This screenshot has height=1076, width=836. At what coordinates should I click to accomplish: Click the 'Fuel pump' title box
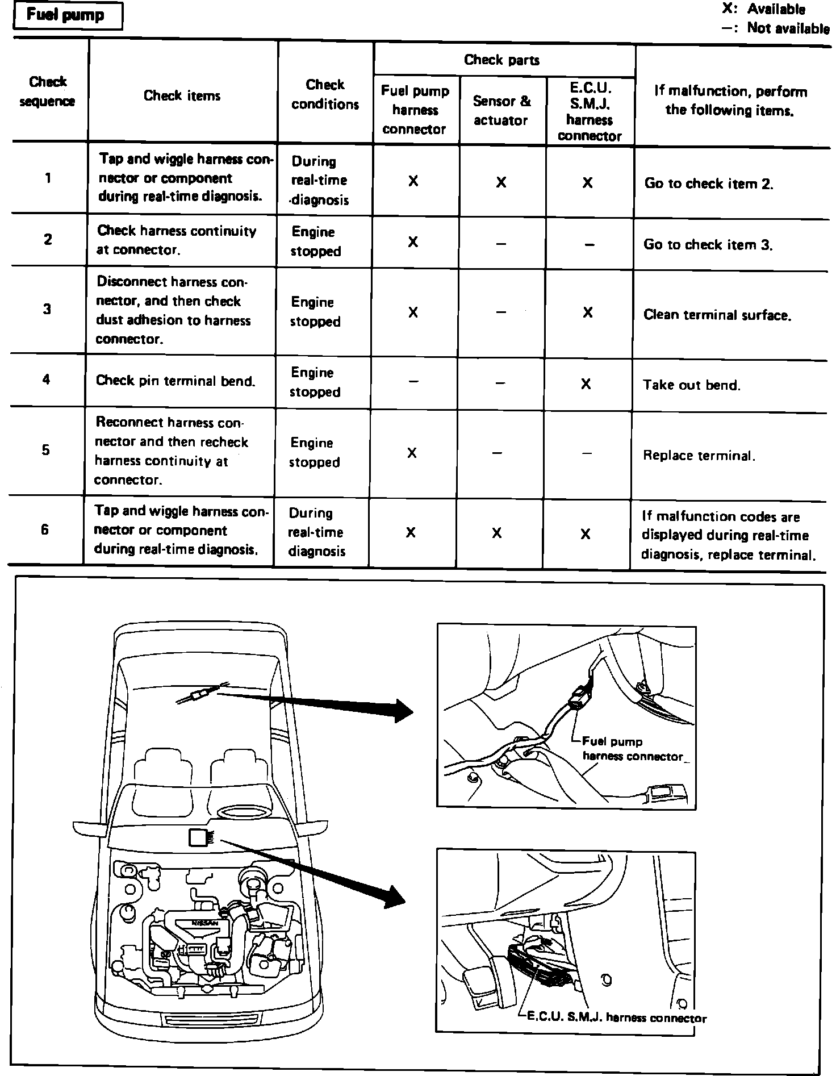tap(66, 15)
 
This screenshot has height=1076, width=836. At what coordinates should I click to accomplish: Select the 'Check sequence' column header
tap(48, 91)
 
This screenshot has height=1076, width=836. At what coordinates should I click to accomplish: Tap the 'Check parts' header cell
tap(501, 60)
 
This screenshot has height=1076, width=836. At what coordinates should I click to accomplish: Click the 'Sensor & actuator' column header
tap(501, 110)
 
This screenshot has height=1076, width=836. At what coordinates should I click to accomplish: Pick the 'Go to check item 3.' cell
tap(708, 244)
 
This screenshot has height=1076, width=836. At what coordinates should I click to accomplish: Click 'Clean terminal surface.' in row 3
tap(717, 315)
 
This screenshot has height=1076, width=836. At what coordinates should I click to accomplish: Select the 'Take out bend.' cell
tap(691, 385)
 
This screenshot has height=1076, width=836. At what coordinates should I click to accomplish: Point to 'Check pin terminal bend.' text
tap(175, 380)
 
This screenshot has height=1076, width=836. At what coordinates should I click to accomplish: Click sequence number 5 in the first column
tap(45, 450)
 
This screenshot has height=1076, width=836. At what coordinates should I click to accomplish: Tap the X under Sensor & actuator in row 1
tap(501, 182)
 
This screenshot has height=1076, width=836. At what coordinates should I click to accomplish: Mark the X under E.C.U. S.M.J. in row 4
tap(586, 384)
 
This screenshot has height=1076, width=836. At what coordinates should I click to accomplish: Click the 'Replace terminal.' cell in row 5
tap(699, 455)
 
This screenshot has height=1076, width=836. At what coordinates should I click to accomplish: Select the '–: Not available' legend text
tap(775, 28)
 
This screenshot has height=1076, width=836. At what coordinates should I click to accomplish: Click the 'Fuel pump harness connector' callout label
tap(632, 748)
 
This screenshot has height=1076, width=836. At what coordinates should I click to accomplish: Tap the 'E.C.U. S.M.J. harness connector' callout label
tap(616, 1017)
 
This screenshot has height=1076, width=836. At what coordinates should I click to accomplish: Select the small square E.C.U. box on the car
tap(197, 839)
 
